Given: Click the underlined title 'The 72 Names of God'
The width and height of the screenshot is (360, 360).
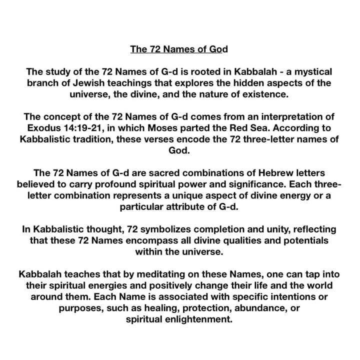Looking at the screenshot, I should (178, 49).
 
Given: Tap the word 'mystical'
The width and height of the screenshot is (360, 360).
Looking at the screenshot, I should (309, 72).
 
